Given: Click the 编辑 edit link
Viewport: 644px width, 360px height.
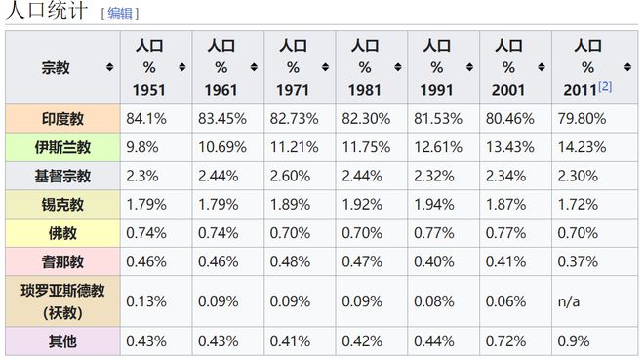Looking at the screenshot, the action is coord(120,13).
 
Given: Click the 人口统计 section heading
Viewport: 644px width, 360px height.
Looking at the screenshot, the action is coord(47,10).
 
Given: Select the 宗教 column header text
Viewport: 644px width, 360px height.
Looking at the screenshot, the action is coord(56,67).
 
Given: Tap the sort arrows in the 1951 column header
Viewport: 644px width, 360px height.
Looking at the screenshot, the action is coord(182,67).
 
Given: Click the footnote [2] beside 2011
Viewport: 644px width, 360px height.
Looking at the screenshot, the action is coord(605,86).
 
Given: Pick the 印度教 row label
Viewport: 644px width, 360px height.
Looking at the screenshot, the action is coord(62,119).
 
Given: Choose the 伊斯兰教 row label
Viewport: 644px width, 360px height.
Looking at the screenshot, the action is coord(62,147).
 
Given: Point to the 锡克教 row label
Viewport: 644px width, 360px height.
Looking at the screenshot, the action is coord(62,205).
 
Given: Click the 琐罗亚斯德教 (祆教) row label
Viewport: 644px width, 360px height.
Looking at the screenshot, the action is coord(62,301).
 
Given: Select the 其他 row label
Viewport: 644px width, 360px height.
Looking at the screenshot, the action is coord(62,341).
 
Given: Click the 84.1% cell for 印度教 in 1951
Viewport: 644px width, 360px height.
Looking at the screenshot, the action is coord(146,119).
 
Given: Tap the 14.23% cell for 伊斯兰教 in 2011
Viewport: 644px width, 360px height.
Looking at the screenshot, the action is coord(582,147).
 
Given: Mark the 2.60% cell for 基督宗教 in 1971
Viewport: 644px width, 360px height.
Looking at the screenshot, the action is coord(290,177).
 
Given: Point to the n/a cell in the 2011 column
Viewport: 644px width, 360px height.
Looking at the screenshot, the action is coord(569,301).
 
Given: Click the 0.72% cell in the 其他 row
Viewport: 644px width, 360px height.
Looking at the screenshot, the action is coord(505,341).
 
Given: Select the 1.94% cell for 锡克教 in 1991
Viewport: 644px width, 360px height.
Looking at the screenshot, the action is coord(433,205).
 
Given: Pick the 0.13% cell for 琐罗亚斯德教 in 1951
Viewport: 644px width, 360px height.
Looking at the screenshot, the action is coord(146,301).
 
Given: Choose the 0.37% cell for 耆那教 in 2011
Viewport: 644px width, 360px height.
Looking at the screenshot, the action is coord(578,261).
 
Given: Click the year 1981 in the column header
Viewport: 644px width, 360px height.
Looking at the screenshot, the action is coord(365,90).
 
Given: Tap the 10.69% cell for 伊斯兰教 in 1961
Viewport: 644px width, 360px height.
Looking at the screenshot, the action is coord(222,147).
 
